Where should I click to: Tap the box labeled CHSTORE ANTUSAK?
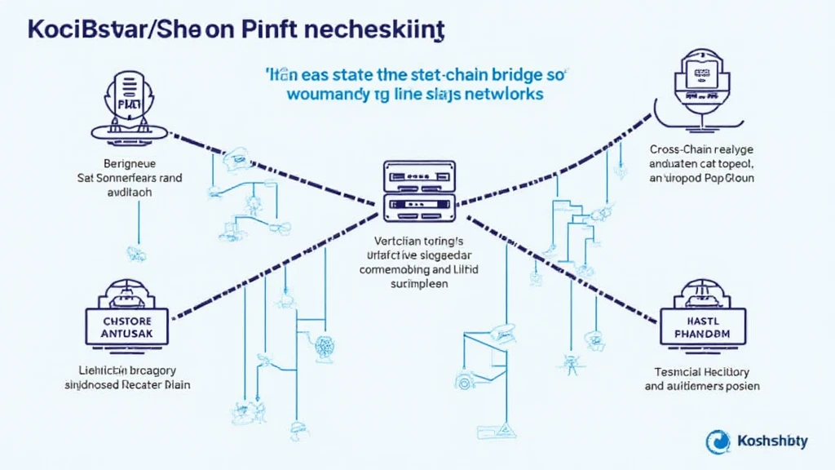pyautogui.click(x=126, y=326)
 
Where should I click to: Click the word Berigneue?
pyautogui.click(x=127, y=163)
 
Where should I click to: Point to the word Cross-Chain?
pyautogui.click(x=683, y=150)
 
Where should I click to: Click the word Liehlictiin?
pyautogui.click(x=95, y=370)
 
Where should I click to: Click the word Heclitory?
pyautogui.click(x=727, y=371)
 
